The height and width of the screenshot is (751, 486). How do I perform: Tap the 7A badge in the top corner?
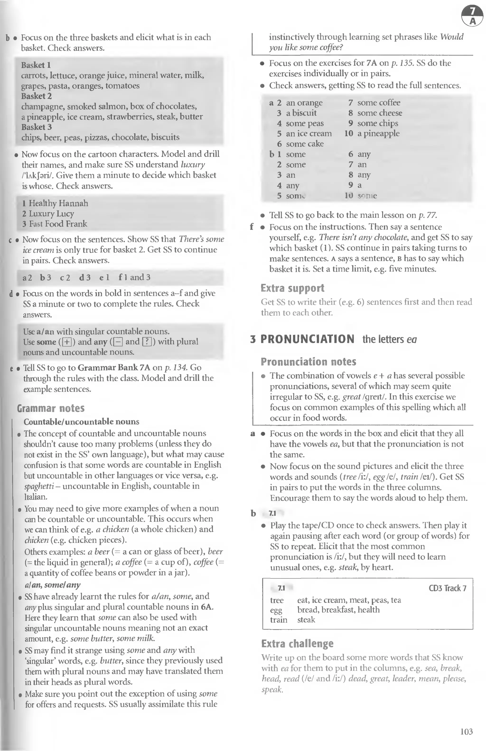(x=472, y=17)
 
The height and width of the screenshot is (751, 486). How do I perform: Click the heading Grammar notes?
(x=51, y=408)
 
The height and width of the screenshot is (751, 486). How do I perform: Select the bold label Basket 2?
(x=36, y=96)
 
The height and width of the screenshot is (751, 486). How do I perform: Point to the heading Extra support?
(x=292, y=288)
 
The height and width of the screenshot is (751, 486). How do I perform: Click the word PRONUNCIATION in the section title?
(x=307, y=339)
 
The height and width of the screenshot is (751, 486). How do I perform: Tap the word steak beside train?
(x=306, y=619)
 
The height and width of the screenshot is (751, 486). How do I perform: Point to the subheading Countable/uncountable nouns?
(x=81, y=422)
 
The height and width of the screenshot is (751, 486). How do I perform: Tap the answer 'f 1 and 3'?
(x=135, y=277)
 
